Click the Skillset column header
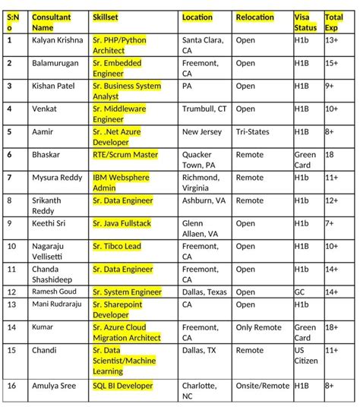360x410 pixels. [106, 17]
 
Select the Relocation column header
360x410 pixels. [254, 17]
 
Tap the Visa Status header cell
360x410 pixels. [305, 22]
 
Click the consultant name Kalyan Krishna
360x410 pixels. [58, 39]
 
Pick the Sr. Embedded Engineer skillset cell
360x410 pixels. [118, 68]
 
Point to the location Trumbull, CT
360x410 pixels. [204, 109]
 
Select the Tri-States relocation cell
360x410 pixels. [252, 132]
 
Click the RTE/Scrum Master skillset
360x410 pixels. [125, 155]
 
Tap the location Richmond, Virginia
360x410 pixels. [201, 182]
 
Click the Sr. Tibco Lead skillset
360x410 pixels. [117, 247]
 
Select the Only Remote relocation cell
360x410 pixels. [258, 328]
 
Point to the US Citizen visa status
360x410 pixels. [305, 356]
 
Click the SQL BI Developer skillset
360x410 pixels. [123, 386]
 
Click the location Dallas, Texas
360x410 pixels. [204, 292]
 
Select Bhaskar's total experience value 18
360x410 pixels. [330, 155]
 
